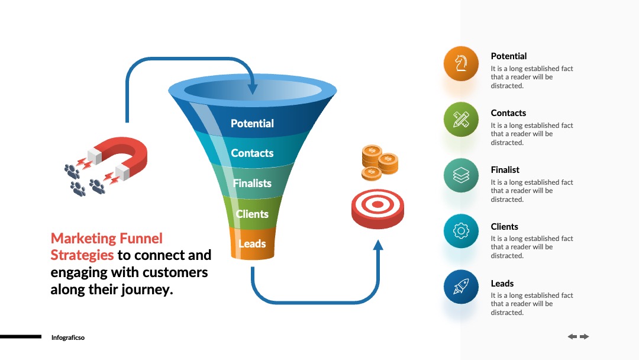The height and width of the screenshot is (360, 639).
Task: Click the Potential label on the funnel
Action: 252,123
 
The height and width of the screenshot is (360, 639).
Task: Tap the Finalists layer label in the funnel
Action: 252,183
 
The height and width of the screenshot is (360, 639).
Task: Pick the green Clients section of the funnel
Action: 252,213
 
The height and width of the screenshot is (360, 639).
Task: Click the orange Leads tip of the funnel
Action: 252,243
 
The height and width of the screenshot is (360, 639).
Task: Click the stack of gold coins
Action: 379,162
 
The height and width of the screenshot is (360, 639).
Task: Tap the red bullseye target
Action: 377,208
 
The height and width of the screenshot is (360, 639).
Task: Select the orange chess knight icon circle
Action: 461,63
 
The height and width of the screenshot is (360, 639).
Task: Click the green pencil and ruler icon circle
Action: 461,120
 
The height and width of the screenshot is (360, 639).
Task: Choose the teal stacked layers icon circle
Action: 461,175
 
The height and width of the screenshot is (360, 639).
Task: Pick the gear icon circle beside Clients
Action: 461,231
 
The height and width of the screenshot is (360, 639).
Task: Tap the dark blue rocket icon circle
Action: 461,287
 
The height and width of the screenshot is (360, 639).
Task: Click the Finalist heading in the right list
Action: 505,169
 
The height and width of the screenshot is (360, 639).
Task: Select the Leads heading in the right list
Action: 502,284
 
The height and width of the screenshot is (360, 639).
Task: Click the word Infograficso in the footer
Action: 68,337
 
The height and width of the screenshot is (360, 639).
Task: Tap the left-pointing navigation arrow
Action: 573,336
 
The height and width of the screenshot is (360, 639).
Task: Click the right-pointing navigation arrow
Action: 585,336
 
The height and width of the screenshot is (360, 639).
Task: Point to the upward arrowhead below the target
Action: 378,245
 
